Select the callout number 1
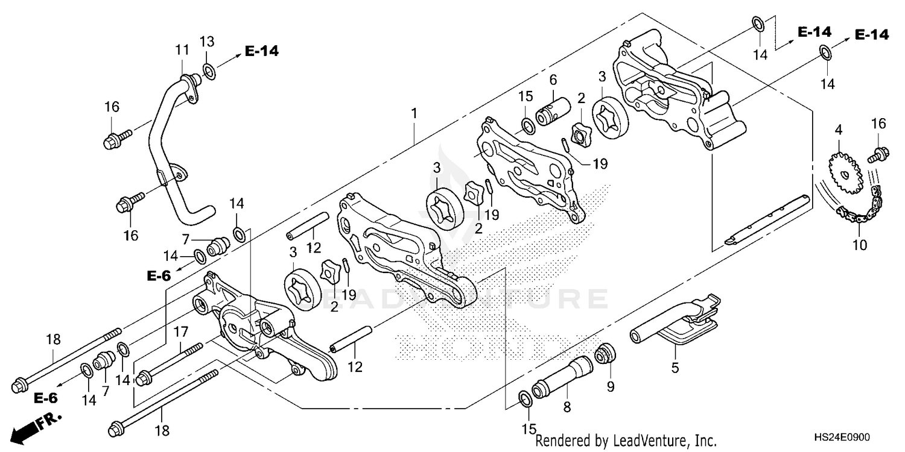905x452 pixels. (414, 113)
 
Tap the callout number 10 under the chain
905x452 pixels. (860, 245)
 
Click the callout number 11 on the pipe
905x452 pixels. (182, 49)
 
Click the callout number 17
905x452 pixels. (181, 331)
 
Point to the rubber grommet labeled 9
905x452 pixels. (606, 354)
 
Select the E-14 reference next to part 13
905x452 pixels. (262, 52)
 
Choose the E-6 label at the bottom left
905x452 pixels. (45, 398)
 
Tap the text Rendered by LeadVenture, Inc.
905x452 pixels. (626, 441)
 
